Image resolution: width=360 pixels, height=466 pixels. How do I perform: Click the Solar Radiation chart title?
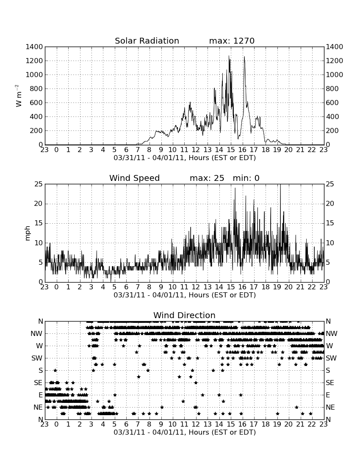(x=147, y=41)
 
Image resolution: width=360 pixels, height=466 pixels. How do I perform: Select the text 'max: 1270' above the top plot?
(x=232, y=41)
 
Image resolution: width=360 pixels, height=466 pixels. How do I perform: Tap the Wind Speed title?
(x=134, y=178)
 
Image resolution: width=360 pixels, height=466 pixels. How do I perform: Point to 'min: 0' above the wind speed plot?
(x=246, y=178)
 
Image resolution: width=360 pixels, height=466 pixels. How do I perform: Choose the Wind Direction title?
(x=184, y=315)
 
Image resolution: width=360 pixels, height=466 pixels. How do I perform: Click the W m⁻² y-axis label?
(x=18, y=96)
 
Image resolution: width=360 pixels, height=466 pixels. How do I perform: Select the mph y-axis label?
(x=28, y=233)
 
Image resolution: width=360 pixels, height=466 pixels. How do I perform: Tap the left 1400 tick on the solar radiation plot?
(x=34, y=47)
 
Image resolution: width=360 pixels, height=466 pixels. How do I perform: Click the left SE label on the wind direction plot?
(x=38, y=383)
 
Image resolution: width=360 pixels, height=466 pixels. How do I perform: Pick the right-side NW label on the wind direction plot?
(x=332, y=334)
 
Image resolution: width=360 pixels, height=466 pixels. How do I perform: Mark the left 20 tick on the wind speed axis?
(x=39, y=204)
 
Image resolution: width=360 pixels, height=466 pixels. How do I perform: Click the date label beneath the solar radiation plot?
(x=185, y=158)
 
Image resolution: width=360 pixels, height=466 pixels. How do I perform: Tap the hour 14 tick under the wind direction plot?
(x=219, y=424)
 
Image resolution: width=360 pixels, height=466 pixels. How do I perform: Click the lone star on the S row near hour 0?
(x=55, y=370)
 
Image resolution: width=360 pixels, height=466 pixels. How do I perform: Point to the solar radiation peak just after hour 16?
(x=244, y=57)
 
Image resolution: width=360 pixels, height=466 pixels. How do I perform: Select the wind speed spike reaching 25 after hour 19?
(x=280, y=185)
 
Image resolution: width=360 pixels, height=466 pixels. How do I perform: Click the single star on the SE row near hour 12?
(x=196, y=383)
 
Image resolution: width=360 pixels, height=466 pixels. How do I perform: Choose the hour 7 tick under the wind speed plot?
(x=138, y=287)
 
